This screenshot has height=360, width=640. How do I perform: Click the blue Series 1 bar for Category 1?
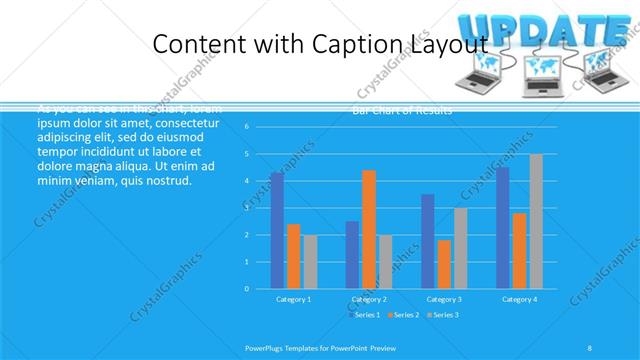pos(277,230)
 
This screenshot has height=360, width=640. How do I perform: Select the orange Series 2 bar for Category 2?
pos(369,229)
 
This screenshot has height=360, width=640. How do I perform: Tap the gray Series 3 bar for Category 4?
pos(536,221)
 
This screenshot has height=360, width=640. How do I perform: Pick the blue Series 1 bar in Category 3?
pos(428,241)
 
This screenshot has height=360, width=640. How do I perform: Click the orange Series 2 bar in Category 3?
pos(444,264)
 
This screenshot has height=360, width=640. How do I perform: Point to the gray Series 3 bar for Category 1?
pos(310,261)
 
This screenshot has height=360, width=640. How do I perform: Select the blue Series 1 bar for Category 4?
pos(502,228)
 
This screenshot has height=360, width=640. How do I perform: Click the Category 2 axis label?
pos(368,299)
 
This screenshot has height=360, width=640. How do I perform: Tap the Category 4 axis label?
pos(519,299)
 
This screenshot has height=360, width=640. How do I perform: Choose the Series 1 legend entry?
pos(364,315)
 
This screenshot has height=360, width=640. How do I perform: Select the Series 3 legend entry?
pos(443,315)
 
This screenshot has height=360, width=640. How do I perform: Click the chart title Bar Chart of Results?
pos(402,110)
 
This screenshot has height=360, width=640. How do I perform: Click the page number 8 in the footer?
pos(590,347)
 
